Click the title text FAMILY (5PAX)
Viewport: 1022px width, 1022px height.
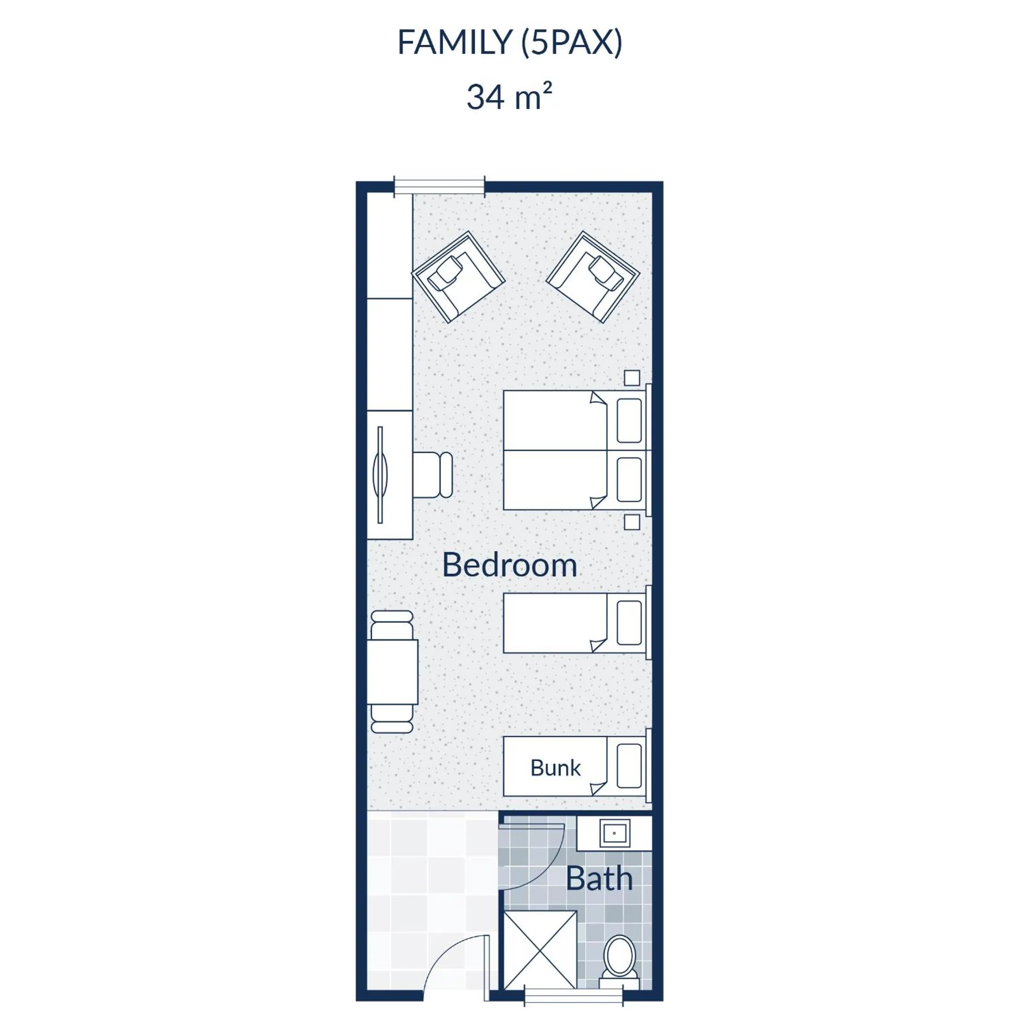509,42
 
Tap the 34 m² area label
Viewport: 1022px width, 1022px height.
509,96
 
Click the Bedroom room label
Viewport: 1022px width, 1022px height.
509,565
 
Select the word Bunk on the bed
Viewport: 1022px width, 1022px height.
555,768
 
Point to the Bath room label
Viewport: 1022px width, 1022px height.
599,879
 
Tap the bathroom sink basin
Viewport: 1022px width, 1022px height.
615,833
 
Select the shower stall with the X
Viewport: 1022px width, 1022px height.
540,949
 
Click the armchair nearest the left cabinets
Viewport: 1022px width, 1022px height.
458,277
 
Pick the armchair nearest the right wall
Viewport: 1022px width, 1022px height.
593,277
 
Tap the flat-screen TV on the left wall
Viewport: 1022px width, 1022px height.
380,474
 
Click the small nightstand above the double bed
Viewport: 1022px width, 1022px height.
631,378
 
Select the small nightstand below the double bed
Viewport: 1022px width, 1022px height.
631,522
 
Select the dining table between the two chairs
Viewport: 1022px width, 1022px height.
392,672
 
